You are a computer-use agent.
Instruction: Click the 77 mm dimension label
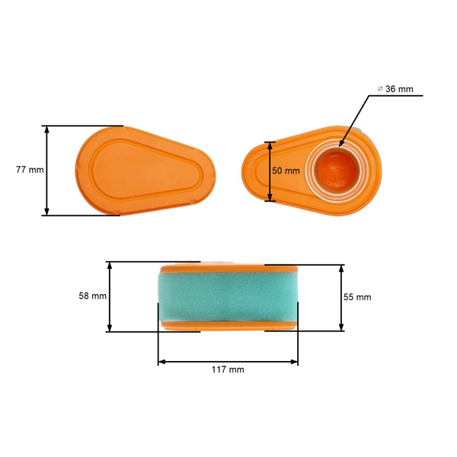click(x=30, y=170)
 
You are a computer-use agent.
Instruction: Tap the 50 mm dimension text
click(x=286, y=171)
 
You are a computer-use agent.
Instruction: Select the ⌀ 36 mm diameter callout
click(x=395, y=89)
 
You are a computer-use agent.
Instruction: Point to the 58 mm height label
click(x=93, y=296)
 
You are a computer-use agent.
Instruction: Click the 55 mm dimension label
click(x=357, y=297)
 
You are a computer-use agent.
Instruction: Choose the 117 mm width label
click(x=228, y=369)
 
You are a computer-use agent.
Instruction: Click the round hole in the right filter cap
click(x=337, y=171)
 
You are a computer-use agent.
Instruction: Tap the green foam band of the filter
click(x=228, y=297)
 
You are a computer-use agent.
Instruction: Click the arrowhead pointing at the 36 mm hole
click(x=341, y=143)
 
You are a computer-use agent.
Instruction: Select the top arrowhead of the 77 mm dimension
click(x=46, y=129)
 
